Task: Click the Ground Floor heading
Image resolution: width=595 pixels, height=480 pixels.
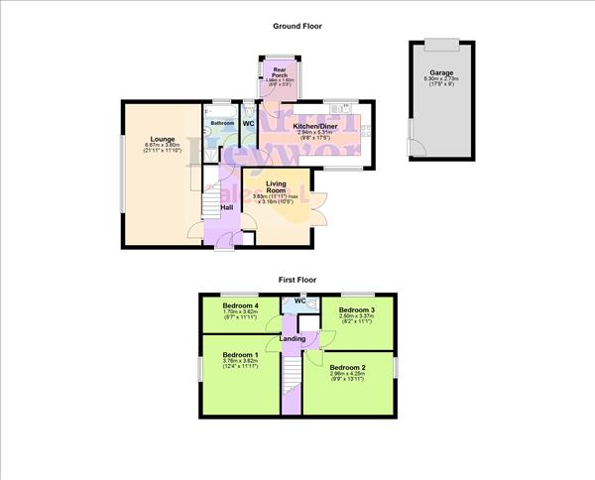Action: coord(297,27)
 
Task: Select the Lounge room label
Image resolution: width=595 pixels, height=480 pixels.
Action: coord(162,139)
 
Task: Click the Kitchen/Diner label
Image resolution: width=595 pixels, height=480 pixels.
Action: coord(318,127)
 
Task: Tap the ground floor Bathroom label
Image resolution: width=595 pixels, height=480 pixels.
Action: coord(221,123)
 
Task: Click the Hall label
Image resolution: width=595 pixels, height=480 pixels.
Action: coord(227,207)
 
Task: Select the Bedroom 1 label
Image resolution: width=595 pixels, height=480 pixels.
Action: coord(241,354)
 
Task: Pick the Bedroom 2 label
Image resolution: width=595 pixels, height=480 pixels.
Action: coord(348,367)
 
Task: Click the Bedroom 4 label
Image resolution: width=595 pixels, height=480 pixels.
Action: coord(241,304)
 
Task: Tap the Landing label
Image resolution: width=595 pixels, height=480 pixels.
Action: coord(293,339)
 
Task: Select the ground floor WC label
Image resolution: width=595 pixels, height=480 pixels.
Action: coord(249,124)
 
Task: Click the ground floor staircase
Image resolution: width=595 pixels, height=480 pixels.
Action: coord(209,203)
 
